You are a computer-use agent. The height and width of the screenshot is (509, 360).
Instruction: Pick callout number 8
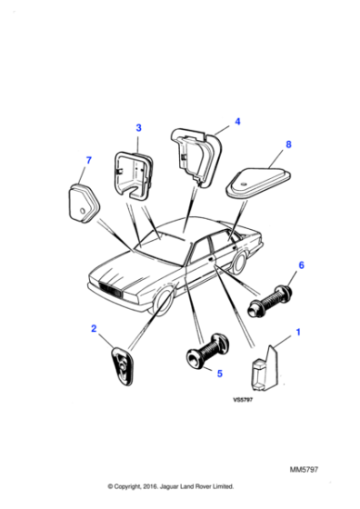click(289, 144)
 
